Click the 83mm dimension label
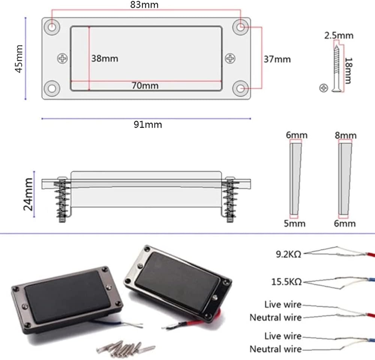click(x=144, y=5)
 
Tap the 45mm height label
click(x=19, y=59)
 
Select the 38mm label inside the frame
click(x=105, y=58)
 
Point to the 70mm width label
click(x=145, y=85)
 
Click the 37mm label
click(x=277, y=59)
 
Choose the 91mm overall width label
click(x=148, y=124)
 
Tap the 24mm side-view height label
click(x=28, y=194)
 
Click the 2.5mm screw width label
click(x=339, y=36)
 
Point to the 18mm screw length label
click(x=348, y=71)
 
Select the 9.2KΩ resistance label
click(x=289, y=254)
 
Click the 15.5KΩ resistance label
click(x=286, y=282)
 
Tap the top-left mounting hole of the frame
click(x=52, y=27)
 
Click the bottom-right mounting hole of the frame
click(x=240, y=88)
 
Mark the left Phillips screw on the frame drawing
click(x=62, y=58)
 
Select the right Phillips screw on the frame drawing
click(x=230, y=58)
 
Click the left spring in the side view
click(x=62, y=200)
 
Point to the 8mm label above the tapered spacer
click(x=346, y=136)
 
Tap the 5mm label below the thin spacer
click(x=295, y=224)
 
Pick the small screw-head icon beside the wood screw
click(x=324, y=88)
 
